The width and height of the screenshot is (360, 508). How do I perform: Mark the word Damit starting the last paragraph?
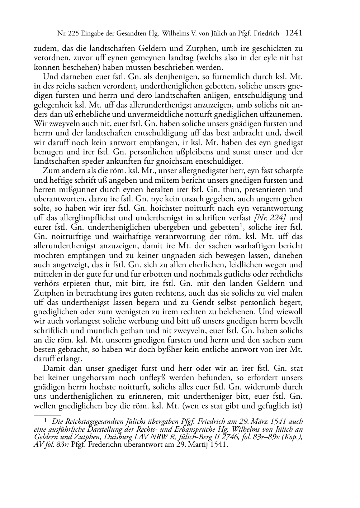coord(53,368)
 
